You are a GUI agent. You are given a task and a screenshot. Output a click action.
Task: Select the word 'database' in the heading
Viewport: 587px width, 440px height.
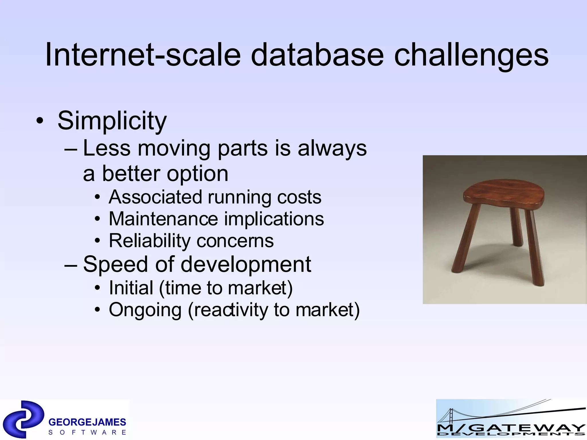click(317, 54)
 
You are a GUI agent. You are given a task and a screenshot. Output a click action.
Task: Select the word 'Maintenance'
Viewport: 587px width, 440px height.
click(163, 219)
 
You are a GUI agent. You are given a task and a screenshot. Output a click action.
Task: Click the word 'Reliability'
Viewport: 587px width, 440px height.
click(150, 241)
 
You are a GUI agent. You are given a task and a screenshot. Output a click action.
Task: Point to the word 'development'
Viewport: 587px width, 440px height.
click(246, 264)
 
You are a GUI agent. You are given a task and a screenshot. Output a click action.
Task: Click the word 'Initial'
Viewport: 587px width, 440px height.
click(131, 288)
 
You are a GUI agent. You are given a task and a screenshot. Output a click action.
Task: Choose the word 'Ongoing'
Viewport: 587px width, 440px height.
click(145, 310)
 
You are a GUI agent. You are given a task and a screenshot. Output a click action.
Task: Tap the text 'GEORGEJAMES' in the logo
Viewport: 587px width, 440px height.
click(87, 422)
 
